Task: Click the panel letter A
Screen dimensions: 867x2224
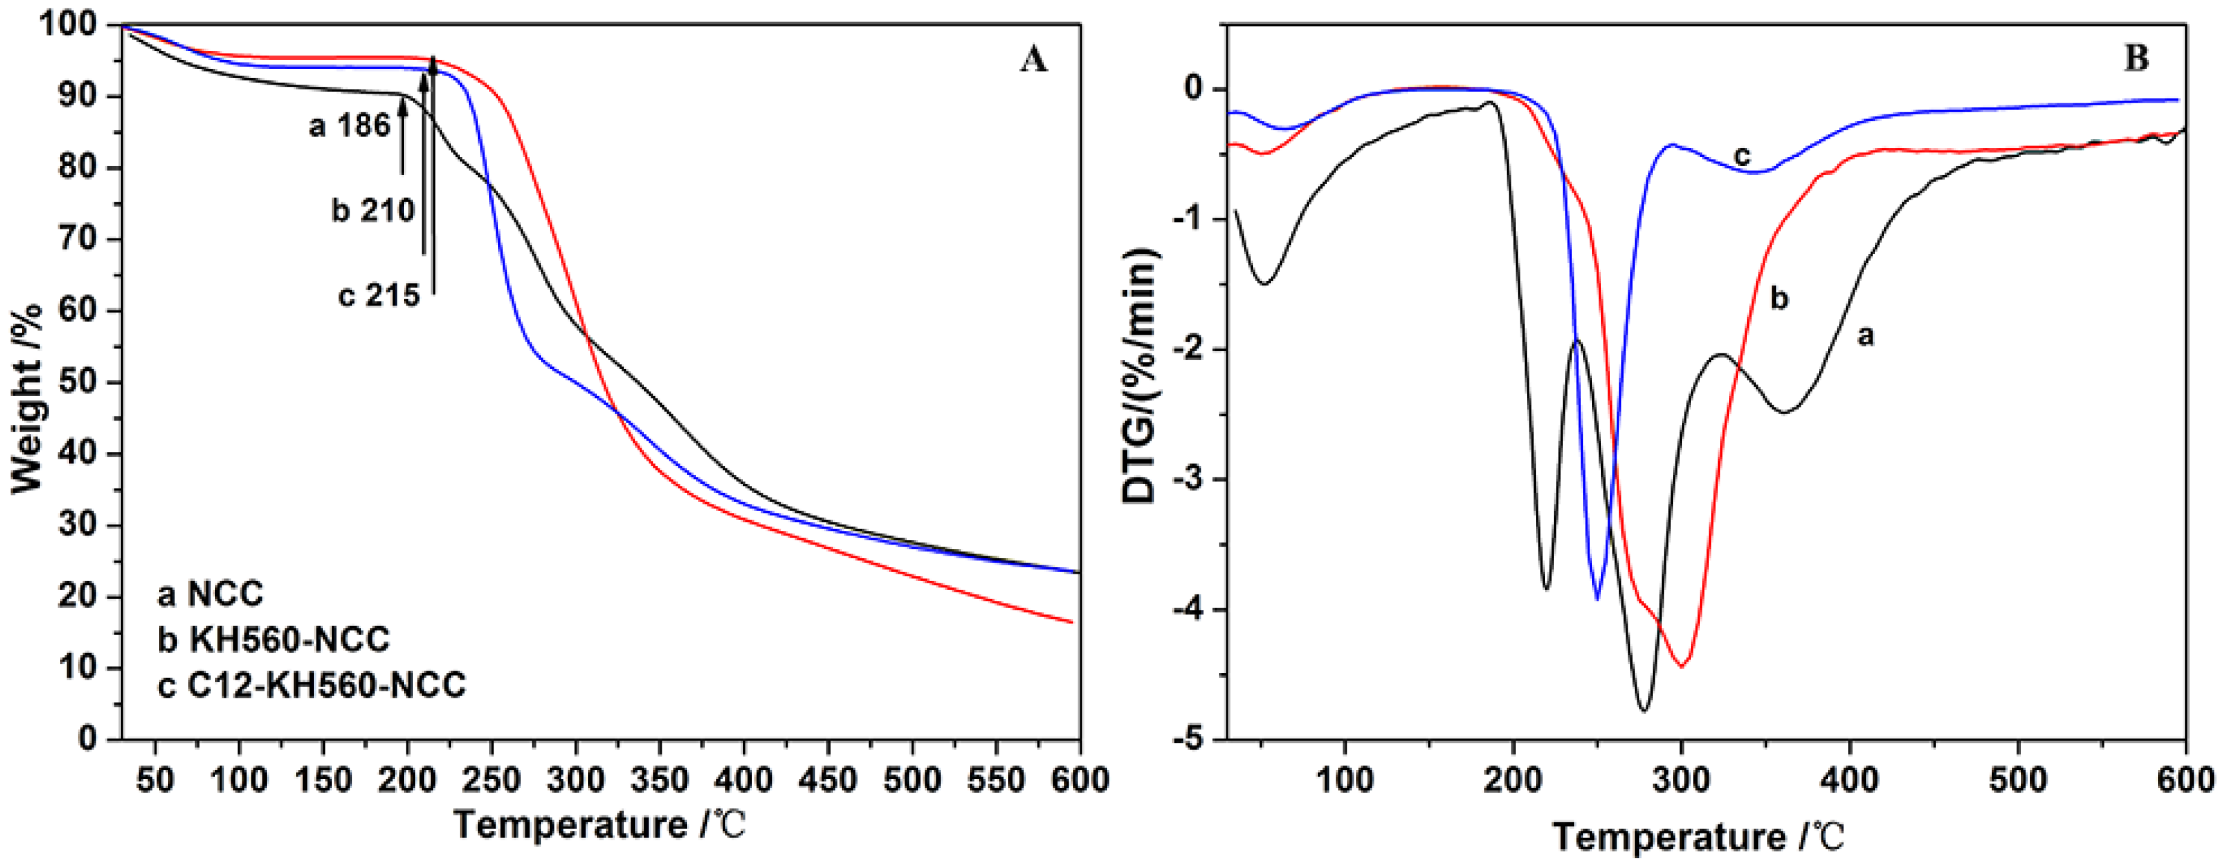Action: tap(1033, 61)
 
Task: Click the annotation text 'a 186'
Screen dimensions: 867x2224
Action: tap(350, 126)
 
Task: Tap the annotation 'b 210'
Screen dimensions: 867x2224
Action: tap(373, 211)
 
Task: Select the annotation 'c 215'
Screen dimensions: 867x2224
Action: tap(378, 295)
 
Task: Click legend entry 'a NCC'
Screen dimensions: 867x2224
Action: tap(210, 594)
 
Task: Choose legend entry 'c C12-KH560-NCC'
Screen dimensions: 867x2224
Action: tap(311, 685)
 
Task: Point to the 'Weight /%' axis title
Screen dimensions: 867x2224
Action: tap(28, 397)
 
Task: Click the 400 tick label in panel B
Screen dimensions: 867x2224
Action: tap(1849, 780)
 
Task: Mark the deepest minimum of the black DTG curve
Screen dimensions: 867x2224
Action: tap(1644, 711)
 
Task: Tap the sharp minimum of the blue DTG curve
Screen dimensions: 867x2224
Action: tap(1597, 598)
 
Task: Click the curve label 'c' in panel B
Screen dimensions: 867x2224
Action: tap(1742, 156)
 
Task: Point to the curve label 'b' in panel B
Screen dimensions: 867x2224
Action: tap(1779, 298)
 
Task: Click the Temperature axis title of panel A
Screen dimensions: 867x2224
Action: tap(598, 826)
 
